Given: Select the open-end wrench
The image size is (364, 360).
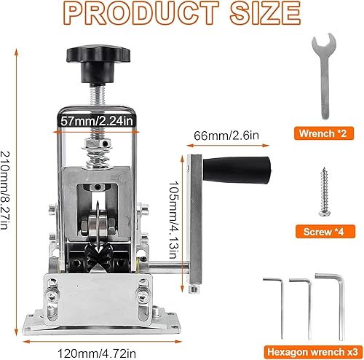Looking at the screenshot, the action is [324, 76].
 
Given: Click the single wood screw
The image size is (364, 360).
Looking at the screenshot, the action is [325, 192].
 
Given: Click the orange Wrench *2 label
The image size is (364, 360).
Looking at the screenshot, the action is [324, 133].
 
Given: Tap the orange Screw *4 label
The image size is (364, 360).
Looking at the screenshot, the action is [325, 232].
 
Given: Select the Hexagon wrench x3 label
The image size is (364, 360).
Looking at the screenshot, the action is [312, 352].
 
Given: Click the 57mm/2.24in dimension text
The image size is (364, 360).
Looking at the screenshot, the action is [97, 121].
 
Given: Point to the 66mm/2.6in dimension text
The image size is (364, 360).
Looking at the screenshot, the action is [226, 136].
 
